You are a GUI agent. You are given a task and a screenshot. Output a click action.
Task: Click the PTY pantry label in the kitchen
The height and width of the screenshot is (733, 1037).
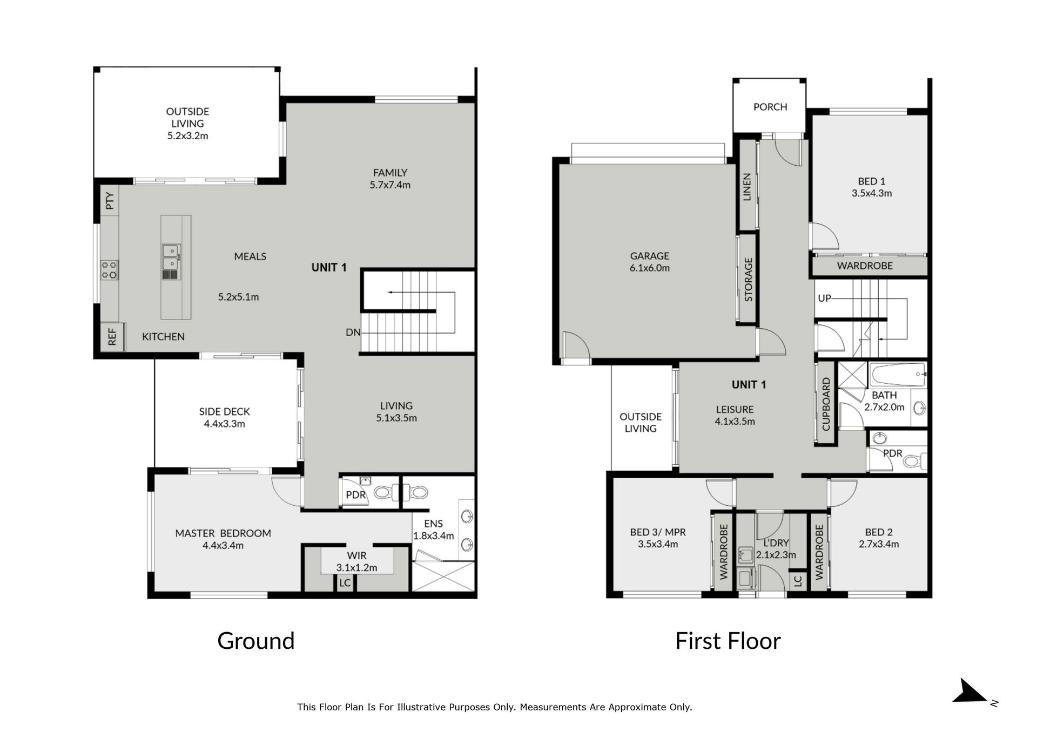click(110, 201)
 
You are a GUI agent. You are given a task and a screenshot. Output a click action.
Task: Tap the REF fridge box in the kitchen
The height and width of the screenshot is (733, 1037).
click(112, 337)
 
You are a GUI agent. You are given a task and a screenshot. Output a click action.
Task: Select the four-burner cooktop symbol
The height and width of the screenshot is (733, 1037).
click(110, 270)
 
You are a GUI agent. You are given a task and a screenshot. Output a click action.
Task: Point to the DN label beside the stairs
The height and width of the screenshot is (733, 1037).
click(353, 332)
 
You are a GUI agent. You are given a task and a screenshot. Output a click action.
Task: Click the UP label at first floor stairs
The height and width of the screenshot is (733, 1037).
click(824, 298)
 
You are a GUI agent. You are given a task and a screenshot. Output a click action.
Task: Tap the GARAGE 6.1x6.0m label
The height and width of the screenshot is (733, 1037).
click(650, 262)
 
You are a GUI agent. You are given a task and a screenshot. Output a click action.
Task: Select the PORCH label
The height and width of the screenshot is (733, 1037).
click(770, 107)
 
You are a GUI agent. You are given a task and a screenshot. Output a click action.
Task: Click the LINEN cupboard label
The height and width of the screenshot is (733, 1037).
click(747, 187)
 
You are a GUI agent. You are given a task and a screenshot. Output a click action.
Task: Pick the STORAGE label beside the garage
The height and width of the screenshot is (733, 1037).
click(749, 280)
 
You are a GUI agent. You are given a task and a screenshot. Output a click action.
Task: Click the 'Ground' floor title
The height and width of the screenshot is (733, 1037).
click(256, 641)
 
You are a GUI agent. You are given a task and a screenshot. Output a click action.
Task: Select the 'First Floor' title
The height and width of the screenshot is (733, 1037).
click(728, 641)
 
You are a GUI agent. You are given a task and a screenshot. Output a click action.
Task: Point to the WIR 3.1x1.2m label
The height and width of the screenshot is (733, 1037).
click(356, 561)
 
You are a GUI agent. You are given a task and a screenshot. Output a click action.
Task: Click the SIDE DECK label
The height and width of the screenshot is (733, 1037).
click(225, 418)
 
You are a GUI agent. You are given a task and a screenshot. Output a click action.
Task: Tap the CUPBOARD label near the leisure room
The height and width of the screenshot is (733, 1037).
click(826, 404)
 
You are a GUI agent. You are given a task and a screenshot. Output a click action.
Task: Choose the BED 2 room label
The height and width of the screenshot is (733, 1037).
click(879, 538)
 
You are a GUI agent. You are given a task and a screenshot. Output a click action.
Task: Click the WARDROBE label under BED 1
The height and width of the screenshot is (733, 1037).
click(865, 266)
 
